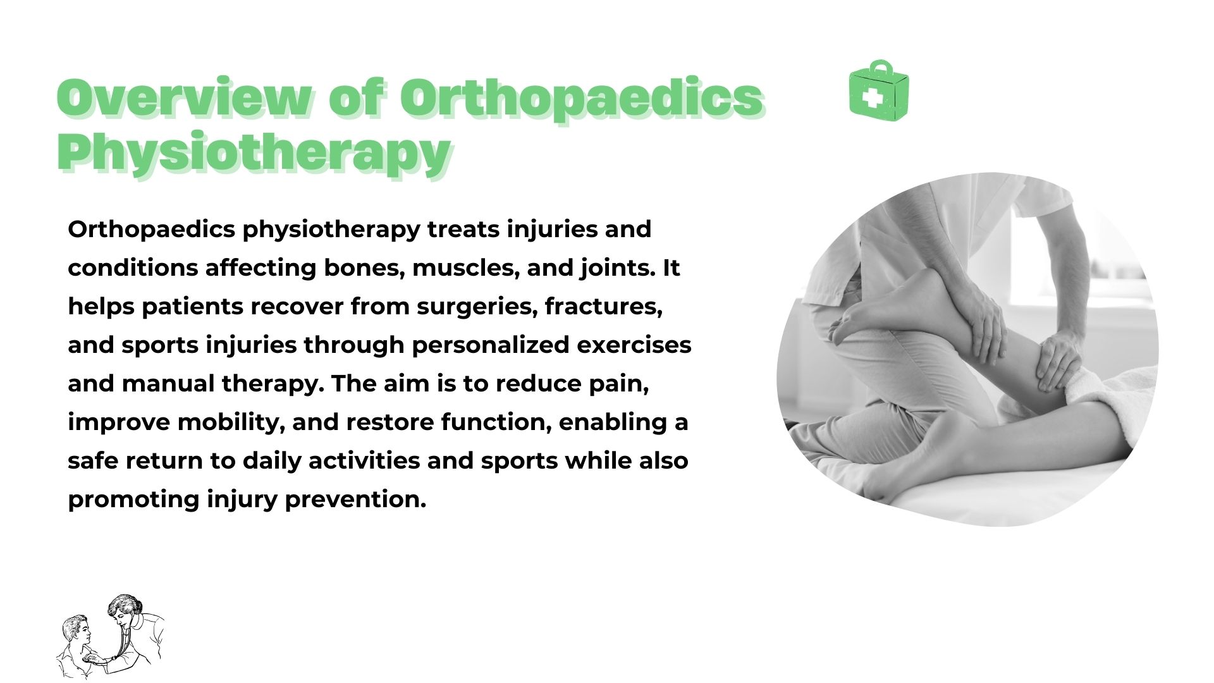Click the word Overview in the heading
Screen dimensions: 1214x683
(183, 98)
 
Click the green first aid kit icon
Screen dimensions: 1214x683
(879, 90)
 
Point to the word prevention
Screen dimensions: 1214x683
(355, 500)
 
